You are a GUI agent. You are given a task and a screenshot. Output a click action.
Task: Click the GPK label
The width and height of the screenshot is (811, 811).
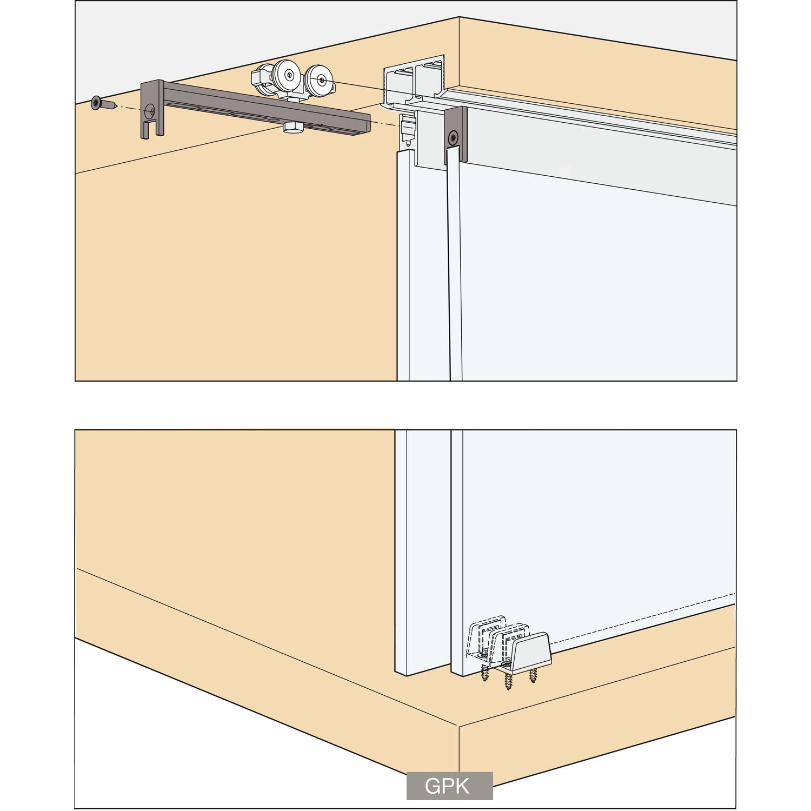point(449,786)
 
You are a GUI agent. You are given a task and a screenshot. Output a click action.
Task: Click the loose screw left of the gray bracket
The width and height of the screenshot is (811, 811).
point(104,103)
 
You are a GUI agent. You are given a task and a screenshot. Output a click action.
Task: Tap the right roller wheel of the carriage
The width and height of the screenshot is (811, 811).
point(320,82)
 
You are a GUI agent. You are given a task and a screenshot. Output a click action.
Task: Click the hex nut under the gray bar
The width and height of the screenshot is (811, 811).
point(292,128)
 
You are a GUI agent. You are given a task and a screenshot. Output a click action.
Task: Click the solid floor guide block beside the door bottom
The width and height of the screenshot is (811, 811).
point(531,653)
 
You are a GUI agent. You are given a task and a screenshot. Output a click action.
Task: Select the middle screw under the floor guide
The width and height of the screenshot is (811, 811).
point(509,680)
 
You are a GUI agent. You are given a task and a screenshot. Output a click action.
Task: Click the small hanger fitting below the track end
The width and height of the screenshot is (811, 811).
point(408,130)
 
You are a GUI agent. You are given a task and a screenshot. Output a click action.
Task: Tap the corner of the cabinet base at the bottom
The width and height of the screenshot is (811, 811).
point(458,726)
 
